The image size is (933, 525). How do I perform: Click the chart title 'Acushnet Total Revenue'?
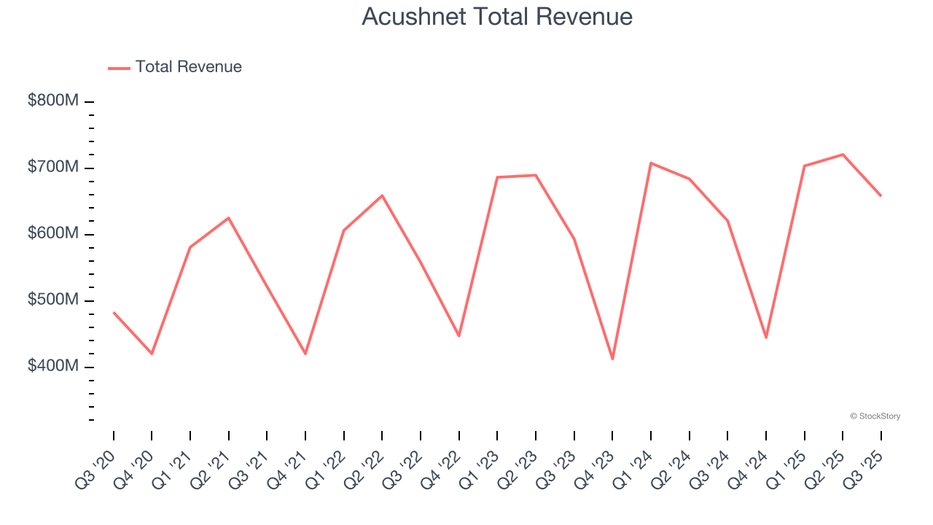(497, 17)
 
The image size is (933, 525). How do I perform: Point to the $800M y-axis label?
(53, 101)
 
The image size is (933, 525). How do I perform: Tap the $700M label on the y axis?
(53, 167)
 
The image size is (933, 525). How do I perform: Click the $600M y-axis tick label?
(53, 233)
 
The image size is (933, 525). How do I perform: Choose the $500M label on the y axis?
(53, 300)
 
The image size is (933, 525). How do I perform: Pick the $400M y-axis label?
(53, 366)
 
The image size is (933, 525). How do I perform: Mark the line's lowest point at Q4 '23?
(612, 359)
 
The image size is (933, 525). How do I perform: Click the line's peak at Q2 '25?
(843, 155)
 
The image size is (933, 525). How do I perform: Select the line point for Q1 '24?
(651, 163)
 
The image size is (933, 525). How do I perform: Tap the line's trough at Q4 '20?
(152, 354)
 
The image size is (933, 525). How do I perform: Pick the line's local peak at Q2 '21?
(229, 218)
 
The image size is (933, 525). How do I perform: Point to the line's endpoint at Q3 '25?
(881, 195)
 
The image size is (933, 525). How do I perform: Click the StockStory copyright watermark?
(875, 416)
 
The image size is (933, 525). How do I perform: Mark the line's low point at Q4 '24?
(766, 338)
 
